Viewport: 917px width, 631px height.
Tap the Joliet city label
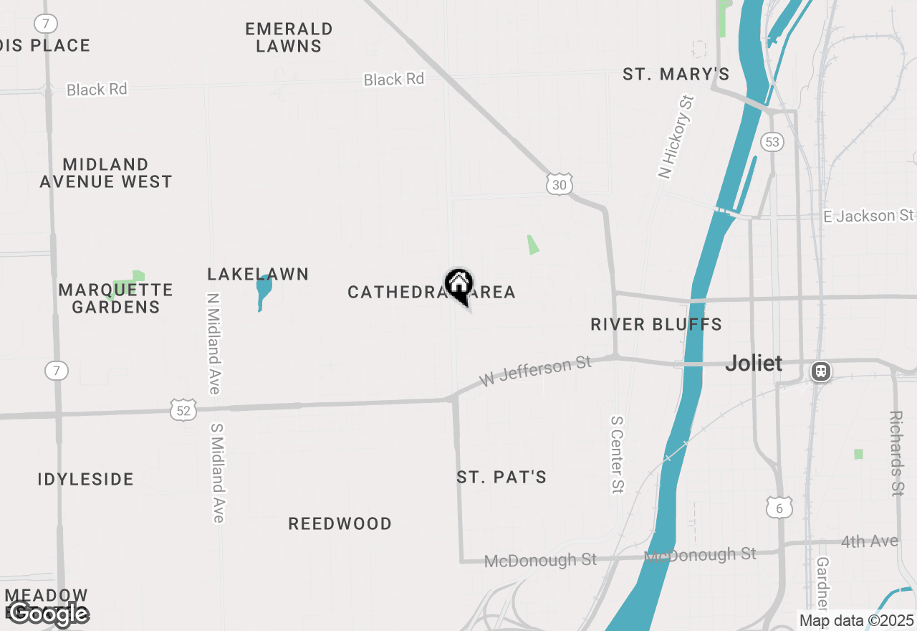pos(754,363)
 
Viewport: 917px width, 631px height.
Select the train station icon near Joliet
pos(821,371)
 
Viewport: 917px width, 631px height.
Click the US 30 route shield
pos(560,184)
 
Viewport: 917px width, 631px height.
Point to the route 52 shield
pos(184,409)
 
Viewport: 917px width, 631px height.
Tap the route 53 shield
pos(772,141)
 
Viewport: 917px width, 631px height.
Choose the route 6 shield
pos(779,508)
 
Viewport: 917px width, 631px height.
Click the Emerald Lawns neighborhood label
pos(289,37)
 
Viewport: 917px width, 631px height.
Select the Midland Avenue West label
pos(106,173)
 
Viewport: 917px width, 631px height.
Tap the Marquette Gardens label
pos(116,298)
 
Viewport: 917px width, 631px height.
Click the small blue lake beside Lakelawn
pos(264,291)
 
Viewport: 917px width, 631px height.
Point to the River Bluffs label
pos(656,324)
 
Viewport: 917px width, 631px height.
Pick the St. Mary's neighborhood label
pos(676,74)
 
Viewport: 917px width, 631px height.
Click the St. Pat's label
pos(501,477)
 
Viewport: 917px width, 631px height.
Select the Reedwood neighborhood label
pos(340,523)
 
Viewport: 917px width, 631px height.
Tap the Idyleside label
pos(86,479)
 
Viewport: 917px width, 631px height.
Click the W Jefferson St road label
pos(535,371)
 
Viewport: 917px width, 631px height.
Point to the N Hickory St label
pos(676,136)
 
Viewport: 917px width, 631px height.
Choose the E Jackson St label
pos(868,215)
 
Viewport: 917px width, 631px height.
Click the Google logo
pos(47,614)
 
